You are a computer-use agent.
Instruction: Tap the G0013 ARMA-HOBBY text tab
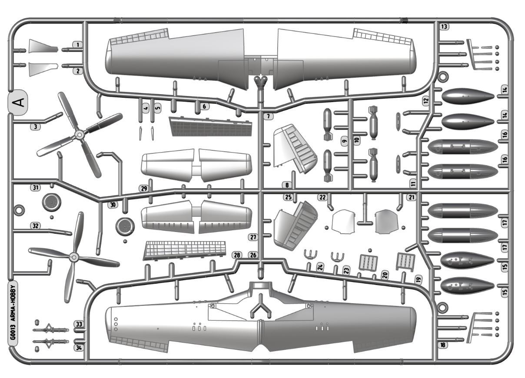coord(13,312)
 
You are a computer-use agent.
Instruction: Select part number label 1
coord(77,45)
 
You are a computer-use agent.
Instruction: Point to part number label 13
coord(444,27)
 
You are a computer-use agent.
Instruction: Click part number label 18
coord(443,345)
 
